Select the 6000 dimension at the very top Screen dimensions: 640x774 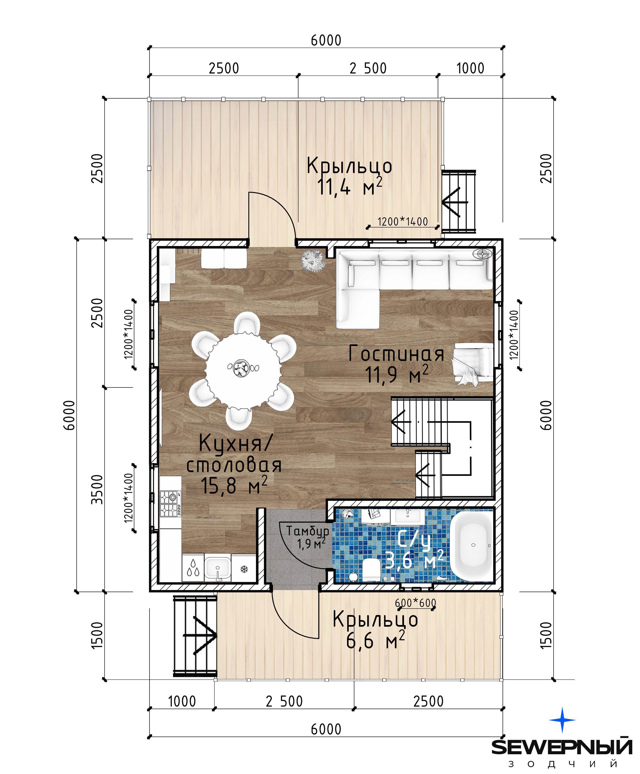point(326,40)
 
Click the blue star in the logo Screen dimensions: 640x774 point(562,720)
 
